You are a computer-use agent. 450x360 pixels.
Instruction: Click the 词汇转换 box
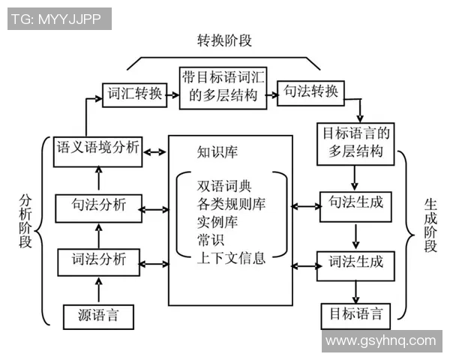click(133, 94)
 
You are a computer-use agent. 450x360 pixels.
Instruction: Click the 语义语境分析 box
click(97, 147)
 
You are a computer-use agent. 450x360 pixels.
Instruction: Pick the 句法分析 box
click(97, 205)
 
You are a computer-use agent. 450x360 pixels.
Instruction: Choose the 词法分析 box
click(97, 261)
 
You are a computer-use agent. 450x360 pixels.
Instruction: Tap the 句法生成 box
click(355, 203)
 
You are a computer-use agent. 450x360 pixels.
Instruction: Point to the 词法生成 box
click(355, 262)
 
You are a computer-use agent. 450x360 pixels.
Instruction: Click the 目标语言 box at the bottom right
click(355, 314)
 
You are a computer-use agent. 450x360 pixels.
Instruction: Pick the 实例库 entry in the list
click(216, 223)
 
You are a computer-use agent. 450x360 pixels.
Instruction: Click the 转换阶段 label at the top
click(224, 40)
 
